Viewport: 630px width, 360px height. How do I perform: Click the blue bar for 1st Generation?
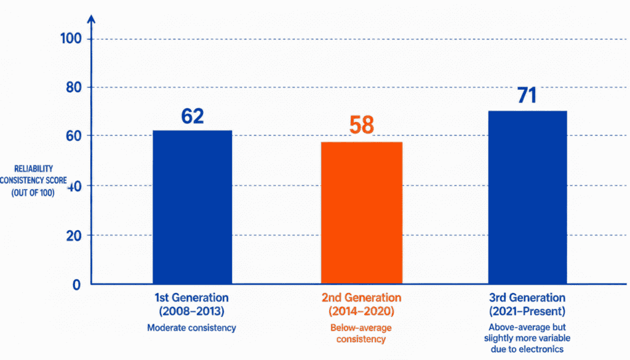pyautogui.click(x=193, y=207)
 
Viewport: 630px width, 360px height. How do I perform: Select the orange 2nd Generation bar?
pyautogui.click(x=362, y=213)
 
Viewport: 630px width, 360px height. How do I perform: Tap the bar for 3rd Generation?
pyautogui.click(x=527, y=198)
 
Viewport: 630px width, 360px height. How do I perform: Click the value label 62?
pyautogui.click(x=193, y=116)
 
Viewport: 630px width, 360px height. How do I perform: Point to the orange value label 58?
pyautogui.click(x=362, y=124)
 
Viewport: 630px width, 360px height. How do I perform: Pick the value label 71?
pyautogui.click(x=527, y=95)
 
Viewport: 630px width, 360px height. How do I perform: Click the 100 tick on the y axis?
pyautogui.click(x=71, y=39)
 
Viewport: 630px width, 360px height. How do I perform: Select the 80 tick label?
pyautogui.click(x=74, y=87)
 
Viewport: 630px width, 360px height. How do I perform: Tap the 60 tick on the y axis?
pyautogui.click(x=74, y=136)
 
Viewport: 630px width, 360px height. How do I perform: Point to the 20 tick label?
pyautogui.click(x=74, y=236)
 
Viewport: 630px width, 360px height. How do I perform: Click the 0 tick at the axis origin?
pyautogui.click(x=76, y=285)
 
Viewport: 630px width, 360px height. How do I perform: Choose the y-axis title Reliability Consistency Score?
pyautogui.click(x=33, y=181)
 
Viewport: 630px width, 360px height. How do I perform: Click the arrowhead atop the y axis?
pyautogui.click(x=92, y=19)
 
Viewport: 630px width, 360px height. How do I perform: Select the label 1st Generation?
pyautogui.click(x=192, y=298)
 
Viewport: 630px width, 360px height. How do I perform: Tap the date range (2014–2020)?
pyautogui.click(x=361, y=311)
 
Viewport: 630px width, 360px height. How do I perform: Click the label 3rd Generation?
pyautogui.click(x=527, y=298)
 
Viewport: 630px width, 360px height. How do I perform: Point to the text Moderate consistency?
pyautogui.click(x=192, y=328)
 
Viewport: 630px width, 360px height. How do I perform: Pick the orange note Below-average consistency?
pyautogui.click(x=361, y=334)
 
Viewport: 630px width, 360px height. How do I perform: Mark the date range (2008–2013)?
pyautogui.click(x=192, y=311)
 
